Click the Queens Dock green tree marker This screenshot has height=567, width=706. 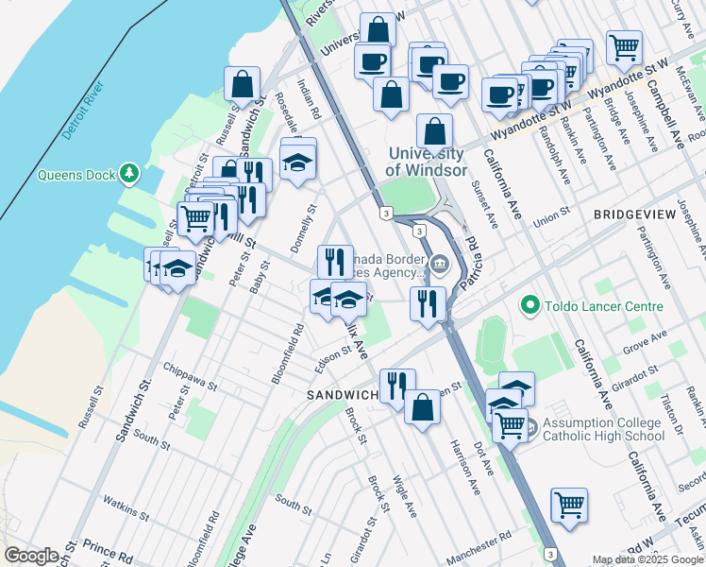[x=128, y=174]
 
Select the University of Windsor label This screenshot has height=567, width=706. [x=426, y=163]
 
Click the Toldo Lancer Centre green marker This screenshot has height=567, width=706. [x=529, y=306]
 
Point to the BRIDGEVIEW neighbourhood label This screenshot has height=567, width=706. [x=634, y=215]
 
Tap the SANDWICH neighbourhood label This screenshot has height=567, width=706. [x=341, y=394]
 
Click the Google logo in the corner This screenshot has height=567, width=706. [x=31, y=556]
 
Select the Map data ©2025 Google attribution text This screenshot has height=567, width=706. [x=648, y=559]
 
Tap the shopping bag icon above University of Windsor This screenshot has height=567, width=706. [x=434, y=131]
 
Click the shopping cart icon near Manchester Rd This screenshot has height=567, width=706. [x=569, y=505]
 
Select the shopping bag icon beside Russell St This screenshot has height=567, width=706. [x=243, y=83]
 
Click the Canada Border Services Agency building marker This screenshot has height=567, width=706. [x=438, y=264]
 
